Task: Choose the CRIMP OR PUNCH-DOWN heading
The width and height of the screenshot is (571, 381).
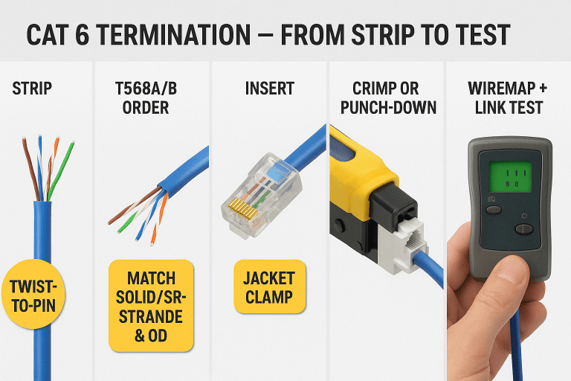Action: (387, 98)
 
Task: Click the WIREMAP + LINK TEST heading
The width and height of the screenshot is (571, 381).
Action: (508, 98)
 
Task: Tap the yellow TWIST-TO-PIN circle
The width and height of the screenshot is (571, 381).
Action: (31, 292)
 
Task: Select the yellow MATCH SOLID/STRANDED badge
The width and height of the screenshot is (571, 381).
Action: (151, 306)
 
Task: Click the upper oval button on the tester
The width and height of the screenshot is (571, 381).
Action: (494, 210)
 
